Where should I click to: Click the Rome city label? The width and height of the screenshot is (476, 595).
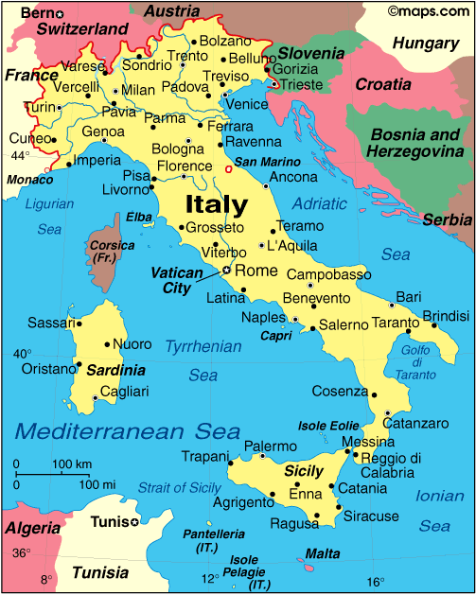pyautogui.click(x=256, y=271)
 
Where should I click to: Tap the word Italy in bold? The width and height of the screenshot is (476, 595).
pyautogui.click(x=216, y=204)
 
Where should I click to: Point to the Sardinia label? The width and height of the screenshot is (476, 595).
pyautogui.click(x=115, y=371)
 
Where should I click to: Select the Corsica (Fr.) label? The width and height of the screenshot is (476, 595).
pyautogui.click(x=106, y=252)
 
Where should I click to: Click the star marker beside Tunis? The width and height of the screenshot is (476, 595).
pyautogui.click(x=134, y=522)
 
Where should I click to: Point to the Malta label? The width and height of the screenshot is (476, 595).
pyautogui.click(x=324, y=553)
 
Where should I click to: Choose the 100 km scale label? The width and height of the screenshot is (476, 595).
pyautogui.click(x=71, y=464)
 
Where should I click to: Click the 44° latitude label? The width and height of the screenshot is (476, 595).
pyautogui.click(x=20, y=155)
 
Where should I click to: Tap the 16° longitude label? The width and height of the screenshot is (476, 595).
pyautogui.click(x=376, y=581)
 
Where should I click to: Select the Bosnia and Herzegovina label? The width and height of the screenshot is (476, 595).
pyautogui.click(x=416, y=142)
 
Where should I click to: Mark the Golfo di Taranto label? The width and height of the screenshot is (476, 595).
pyautogui.click(x=416, y=362)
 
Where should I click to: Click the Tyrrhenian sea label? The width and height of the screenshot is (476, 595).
pyautogui.click(x=203, y=346)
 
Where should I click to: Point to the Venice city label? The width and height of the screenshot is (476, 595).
pyautogui.click(x=249, y=104)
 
